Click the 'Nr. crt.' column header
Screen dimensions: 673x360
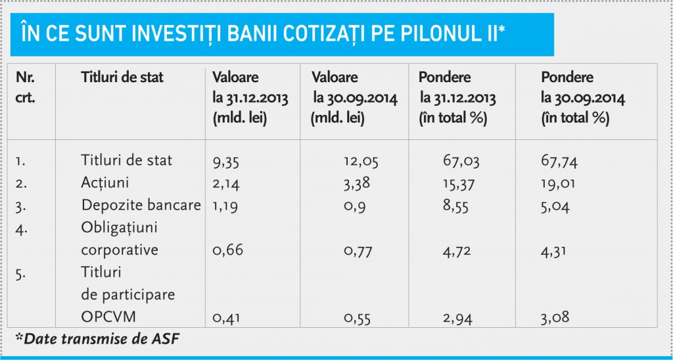[26, 87]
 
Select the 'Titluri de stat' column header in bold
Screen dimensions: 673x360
[122, 78]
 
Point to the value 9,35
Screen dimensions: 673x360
[226, 162]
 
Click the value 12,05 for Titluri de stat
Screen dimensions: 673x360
[361, 162]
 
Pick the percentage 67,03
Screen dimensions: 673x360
[461, 162]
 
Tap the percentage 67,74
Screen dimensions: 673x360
[559, 162]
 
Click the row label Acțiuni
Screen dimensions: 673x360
[105, 183]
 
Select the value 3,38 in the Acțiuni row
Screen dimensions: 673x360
[357, 184]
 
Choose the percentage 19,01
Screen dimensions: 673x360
[558, 184]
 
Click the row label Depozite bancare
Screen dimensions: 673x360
[141, 206]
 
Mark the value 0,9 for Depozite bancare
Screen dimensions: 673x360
[354, 207]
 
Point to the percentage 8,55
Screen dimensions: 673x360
[455, 206]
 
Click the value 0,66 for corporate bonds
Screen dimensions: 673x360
[228, 250]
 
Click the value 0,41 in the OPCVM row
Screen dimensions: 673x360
[227, 319]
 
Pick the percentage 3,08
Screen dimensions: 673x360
[555, 317]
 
